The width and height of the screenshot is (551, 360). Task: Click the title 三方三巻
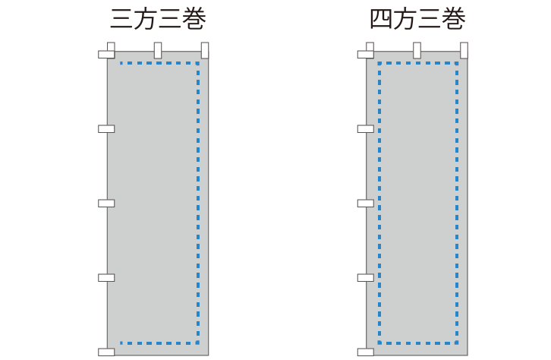click(158, 19)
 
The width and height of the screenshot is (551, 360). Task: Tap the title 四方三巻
click(417, 19)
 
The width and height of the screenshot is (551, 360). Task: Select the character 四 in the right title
click(381, 19)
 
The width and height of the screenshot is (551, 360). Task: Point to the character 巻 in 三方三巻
click(194, 19)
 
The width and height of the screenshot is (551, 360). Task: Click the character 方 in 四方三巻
click(405, 19)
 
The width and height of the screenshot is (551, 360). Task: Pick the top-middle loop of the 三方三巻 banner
click(158, 50)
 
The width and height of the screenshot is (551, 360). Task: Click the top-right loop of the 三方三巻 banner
click(205, 50)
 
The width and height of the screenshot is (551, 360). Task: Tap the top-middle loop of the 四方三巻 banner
click(417, 50)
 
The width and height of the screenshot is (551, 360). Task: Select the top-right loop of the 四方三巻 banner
click(464, 50)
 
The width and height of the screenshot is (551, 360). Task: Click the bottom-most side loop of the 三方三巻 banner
click(106, 352)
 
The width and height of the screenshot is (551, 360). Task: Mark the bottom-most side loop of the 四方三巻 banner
click(366, 352)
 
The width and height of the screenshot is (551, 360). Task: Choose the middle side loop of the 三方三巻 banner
click(106, 204)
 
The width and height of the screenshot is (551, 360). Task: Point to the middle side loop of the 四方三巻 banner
click(366, 204)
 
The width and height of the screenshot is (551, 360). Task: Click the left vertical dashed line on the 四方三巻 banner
click(379, 204)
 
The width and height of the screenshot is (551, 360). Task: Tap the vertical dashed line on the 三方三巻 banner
click(198, 204)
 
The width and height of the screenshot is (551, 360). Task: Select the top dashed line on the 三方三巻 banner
click(159, 63)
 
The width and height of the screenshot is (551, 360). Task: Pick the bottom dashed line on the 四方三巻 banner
click(418, 343)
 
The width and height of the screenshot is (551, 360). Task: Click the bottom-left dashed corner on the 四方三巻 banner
click(379, 343)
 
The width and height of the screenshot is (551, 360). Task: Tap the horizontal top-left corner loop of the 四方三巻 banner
click(366, 55)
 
